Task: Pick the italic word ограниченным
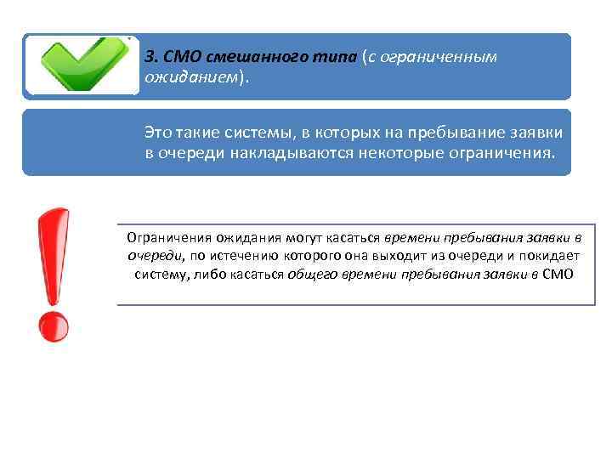449,57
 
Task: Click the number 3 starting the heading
150,57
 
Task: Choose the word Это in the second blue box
158,134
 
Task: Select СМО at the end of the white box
557,275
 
